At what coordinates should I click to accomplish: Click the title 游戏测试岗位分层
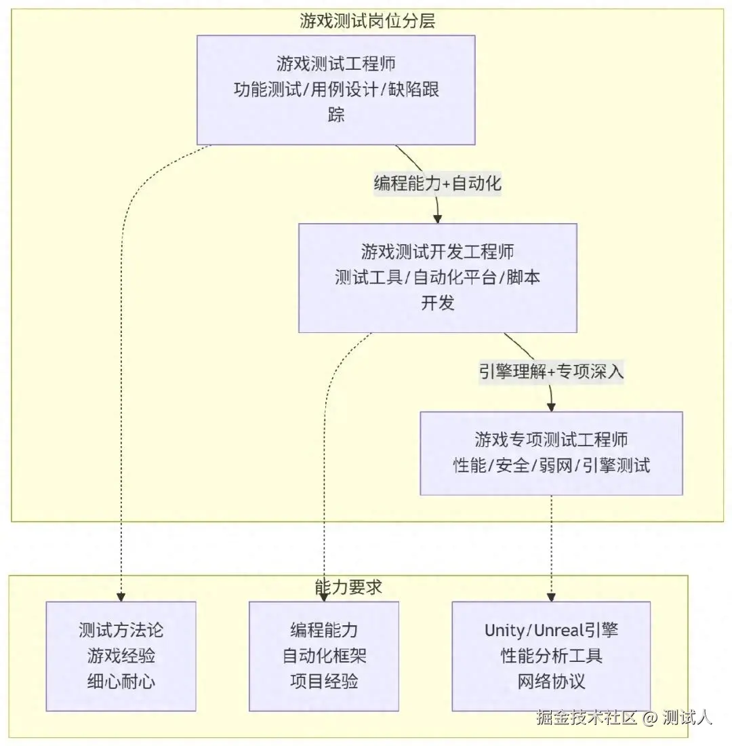(367, 21)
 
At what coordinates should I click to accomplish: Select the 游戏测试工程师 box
(335, 90)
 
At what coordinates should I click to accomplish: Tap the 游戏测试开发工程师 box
(438, 278)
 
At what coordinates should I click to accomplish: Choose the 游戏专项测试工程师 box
(551, 453)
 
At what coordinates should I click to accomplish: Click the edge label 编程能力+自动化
(438, 183)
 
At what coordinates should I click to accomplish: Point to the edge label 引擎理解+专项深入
(551, 371)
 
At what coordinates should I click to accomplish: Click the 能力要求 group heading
(348, 587)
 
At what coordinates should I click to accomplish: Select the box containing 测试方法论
(121, 656)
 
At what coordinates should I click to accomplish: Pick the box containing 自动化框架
(324, 656)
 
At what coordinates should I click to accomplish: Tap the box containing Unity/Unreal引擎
(551, 656)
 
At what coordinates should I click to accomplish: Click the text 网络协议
(551, 682)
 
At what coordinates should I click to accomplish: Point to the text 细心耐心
(121, 682)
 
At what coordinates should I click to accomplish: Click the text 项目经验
(324, 682)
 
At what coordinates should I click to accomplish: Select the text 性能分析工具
(551, 656)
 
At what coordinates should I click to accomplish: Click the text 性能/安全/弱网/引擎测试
(551, 465)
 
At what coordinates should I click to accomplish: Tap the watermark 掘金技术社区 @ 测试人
(624, 717)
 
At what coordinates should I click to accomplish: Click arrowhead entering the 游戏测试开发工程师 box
(438, 219)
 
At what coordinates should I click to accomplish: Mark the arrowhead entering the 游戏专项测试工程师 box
(551, 408)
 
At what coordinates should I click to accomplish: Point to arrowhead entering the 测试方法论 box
(121, 597)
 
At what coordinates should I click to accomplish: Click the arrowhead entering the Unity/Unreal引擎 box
(551, 597)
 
